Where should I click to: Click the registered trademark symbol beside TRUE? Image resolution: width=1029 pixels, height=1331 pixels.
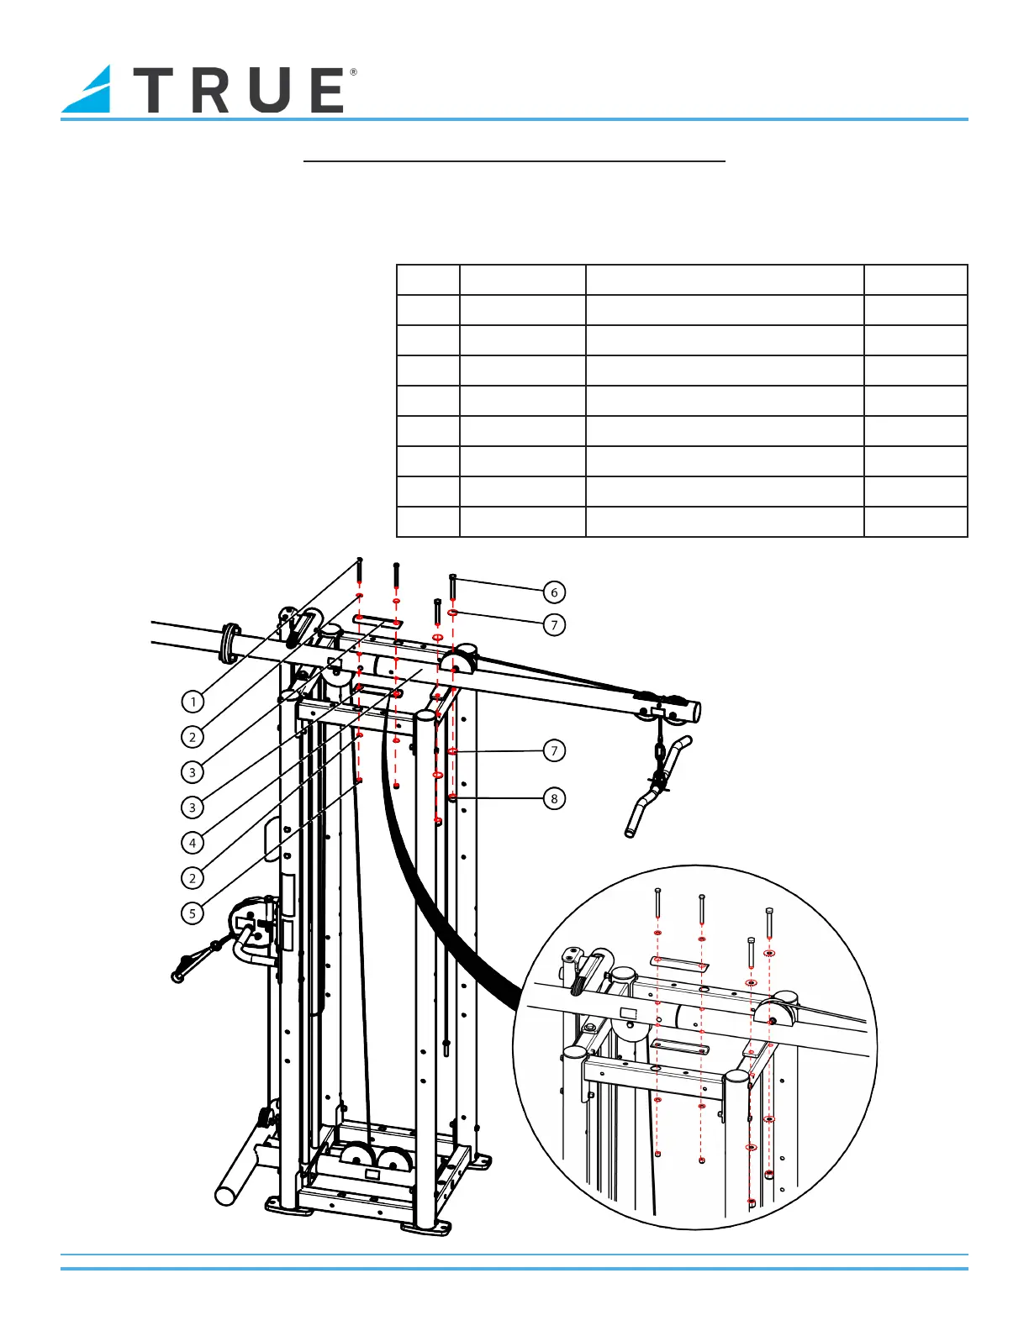click(x=353, y=73)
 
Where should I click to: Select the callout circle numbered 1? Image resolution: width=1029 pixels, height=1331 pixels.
click(x=193, y=702)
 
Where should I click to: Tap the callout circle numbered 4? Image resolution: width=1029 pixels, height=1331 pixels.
click(x=193, y=842)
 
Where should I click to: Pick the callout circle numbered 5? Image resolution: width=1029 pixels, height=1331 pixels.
click(x=193, y=913)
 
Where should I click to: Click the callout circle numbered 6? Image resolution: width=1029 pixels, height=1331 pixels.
click(x=554, y=592)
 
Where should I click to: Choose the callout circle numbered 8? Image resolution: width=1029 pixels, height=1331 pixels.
click(x=554, y=798)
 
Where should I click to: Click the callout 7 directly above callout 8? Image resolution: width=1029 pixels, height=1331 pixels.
click(x=554, y=750)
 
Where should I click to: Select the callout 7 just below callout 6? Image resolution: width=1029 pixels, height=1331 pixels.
click(x=554, y=625)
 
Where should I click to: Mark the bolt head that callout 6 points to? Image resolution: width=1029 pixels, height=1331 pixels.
click(x=453, y=576)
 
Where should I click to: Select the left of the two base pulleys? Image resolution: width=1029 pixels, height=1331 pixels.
click(x=357, y=1157)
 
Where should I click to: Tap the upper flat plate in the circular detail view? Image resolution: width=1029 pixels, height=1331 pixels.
click(x=679, y=961)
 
